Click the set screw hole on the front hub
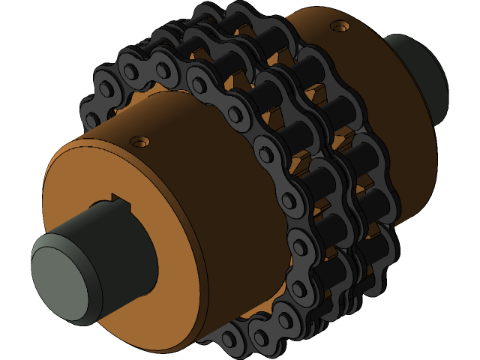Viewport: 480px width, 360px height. [137, 140]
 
